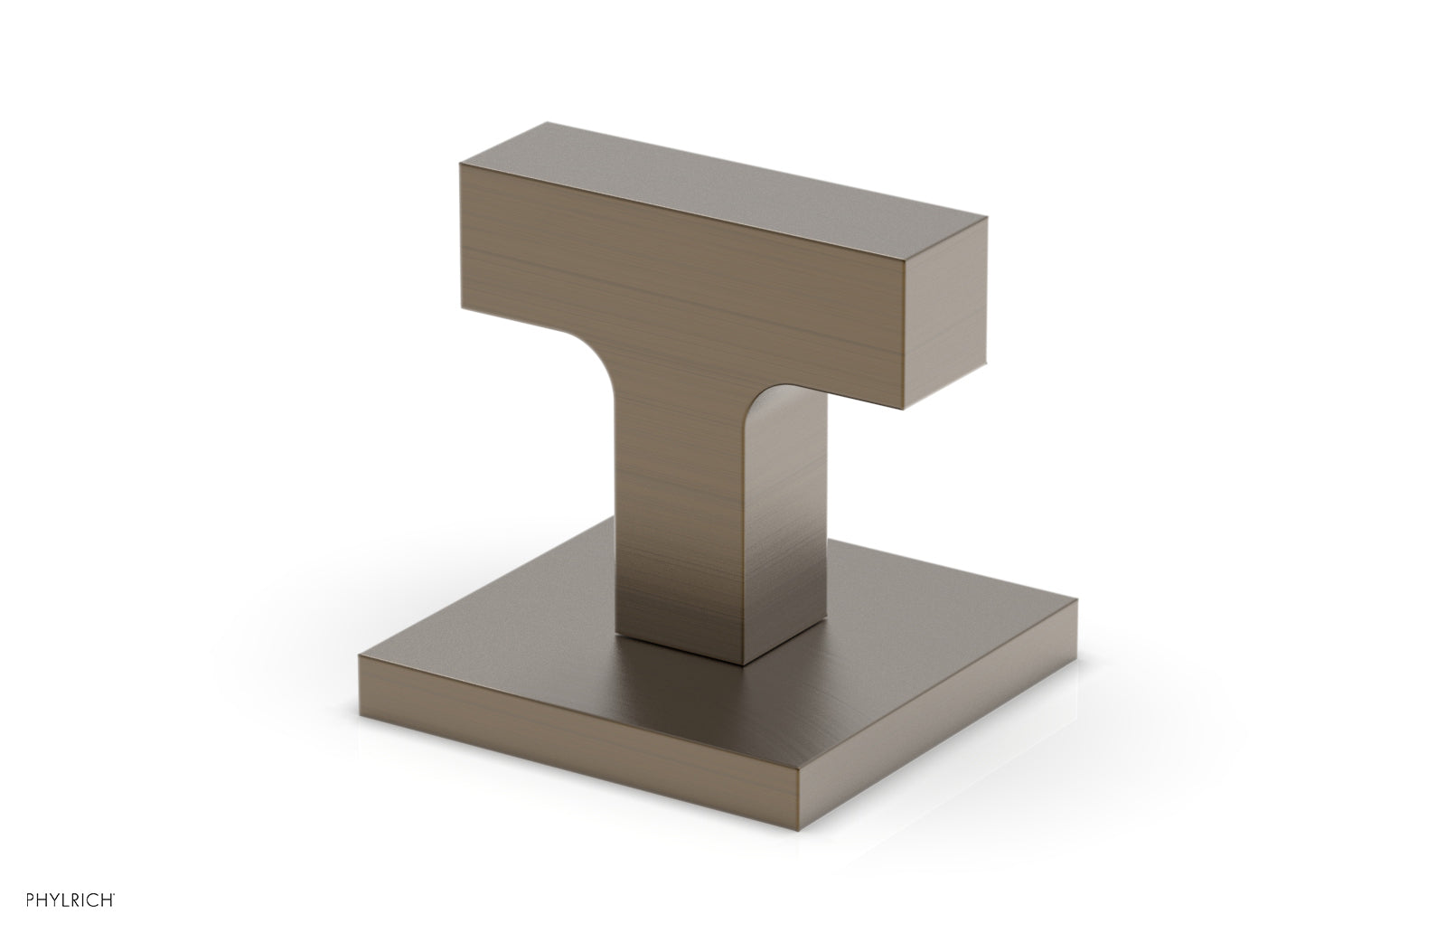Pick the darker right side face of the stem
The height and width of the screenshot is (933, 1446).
pyautogui.click(x=795, y=524)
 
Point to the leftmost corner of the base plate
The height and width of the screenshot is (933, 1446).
pyautogui.click(x=359, y=658)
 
